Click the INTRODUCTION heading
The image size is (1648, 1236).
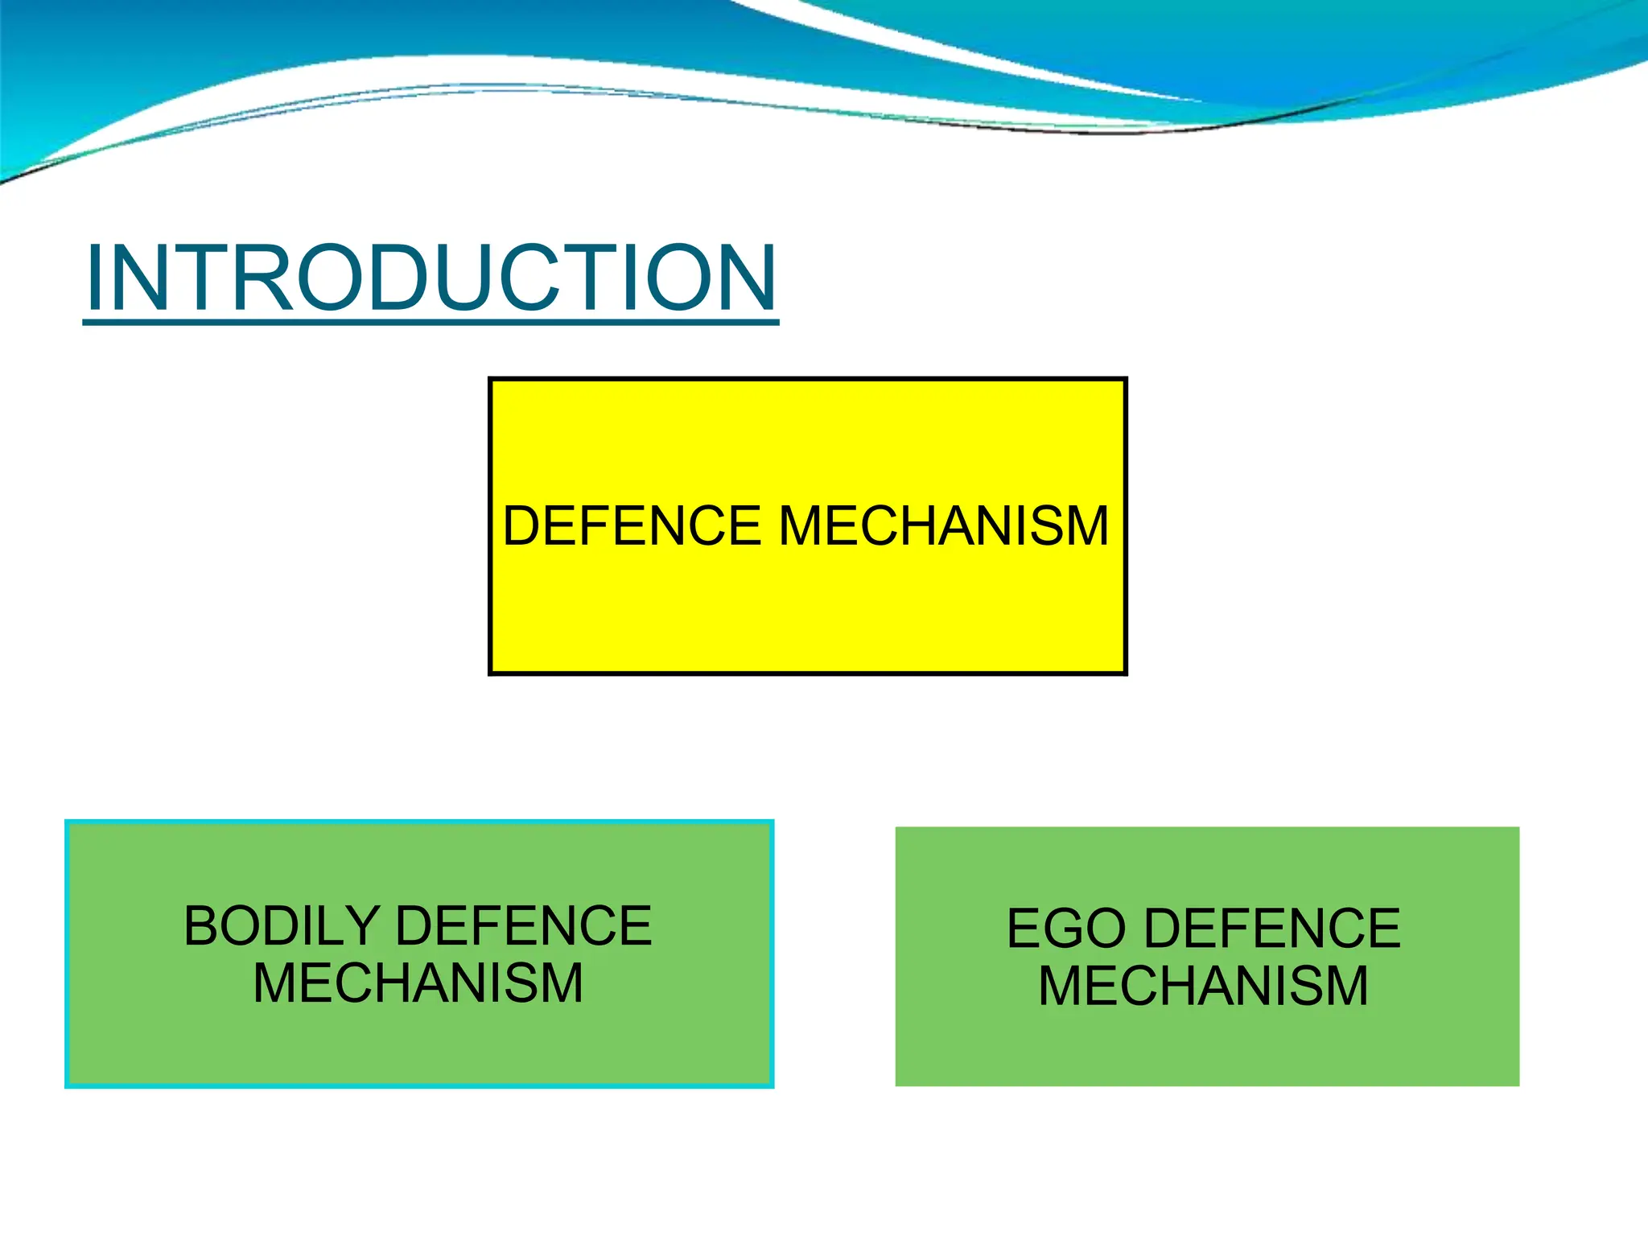tap(431, 278)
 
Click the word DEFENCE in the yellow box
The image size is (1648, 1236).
tap(632, 526)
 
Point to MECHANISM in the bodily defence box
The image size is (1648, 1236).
tap(418, 983)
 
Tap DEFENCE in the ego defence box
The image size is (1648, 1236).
tap(1272, 929)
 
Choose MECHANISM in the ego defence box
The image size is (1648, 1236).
tap(1203, 987)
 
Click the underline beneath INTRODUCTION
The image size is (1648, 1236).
tap(431, 322)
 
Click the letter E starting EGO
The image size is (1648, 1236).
tap(1023, 929)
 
